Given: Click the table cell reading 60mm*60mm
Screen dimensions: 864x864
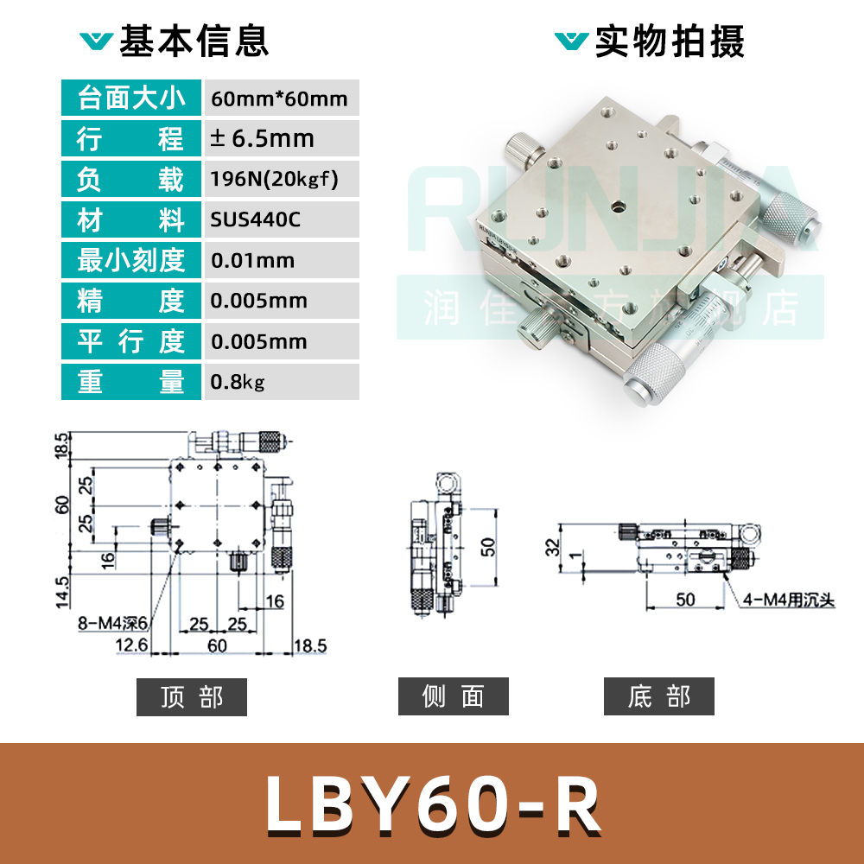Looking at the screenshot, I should [x=279, y=98].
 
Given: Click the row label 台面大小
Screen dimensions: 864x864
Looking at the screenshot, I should [x=131, y=98].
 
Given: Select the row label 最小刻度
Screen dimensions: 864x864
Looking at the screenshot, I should [x=131, y=261].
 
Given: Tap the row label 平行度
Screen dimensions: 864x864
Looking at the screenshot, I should [x=131, y=341].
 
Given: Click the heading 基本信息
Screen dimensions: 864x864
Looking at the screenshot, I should [x=194, y=41].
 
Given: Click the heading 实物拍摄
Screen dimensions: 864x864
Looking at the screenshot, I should [x=670, y=41].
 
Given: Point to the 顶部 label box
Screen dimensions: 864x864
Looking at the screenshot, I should [x=192, y=697].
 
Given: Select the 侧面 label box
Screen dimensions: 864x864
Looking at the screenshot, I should [x=454, y=697].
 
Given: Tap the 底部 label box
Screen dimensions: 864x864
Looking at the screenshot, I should [x=659, y=697].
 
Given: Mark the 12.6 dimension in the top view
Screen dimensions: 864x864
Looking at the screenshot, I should [x=130, y=645].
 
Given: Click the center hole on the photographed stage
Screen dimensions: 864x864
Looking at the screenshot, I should [x=620, y=207].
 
